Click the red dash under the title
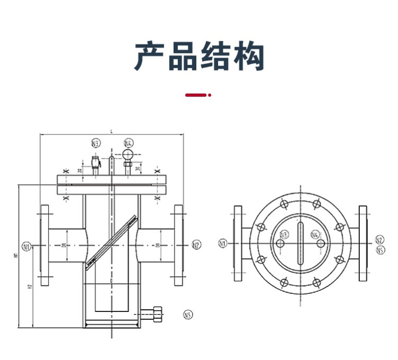click(x=195, y=96)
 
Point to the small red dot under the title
click(x=210, y=96)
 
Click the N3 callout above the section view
click(x=95, y=143)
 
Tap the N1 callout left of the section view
click(x=26, y=245)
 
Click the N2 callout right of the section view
click(x=196, y=245)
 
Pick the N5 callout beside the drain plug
click(x=187, y=316)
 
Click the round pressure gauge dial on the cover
click(x=128, y=154)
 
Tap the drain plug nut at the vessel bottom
click(x=156, y=316)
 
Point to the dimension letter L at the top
click(x=111, y=131)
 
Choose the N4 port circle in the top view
click(x=320, y=243)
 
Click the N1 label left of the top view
click(x=222, y=244)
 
